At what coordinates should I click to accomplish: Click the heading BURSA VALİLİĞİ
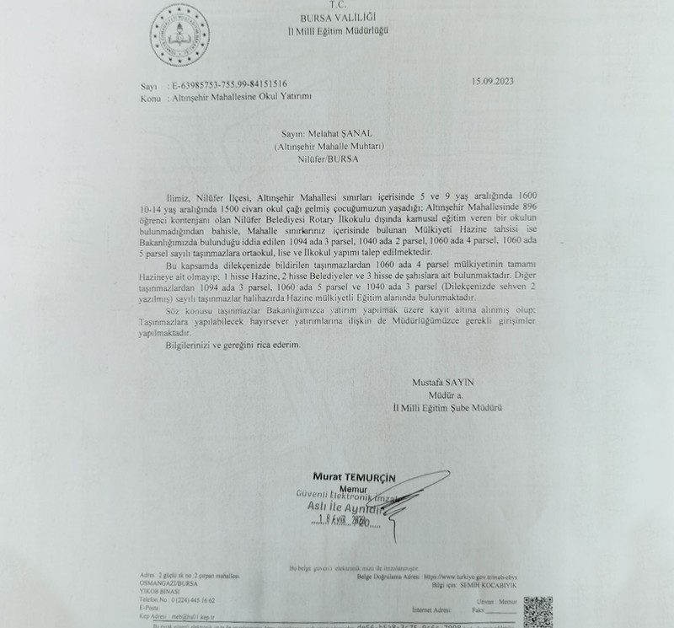335,17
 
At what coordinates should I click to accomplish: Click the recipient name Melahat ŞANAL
336,133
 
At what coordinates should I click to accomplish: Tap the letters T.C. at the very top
335,5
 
